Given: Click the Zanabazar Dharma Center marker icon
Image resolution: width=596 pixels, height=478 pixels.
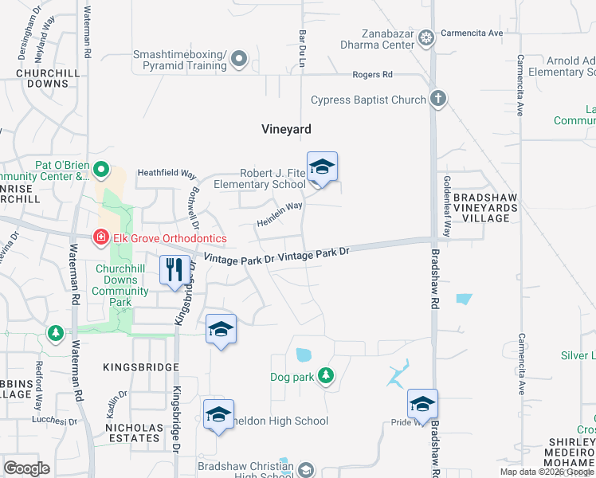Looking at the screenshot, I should [426, 37].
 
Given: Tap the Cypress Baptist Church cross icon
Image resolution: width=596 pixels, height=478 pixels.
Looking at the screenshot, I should [437, 100].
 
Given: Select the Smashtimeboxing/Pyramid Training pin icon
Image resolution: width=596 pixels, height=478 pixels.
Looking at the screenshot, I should [238, 59].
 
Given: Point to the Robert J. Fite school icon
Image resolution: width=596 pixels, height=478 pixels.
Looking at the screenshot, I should [322, 167].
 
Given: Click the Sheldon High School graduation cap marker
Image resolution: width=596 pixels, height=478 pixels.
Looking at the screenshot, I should [218, 415].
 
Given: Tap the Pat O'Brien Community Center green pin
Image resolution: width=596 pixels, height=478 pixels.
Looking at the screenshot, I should [100, 170].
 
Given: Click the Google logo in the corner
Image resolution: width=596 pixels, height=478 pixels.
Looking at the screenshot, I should [26, 468].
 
